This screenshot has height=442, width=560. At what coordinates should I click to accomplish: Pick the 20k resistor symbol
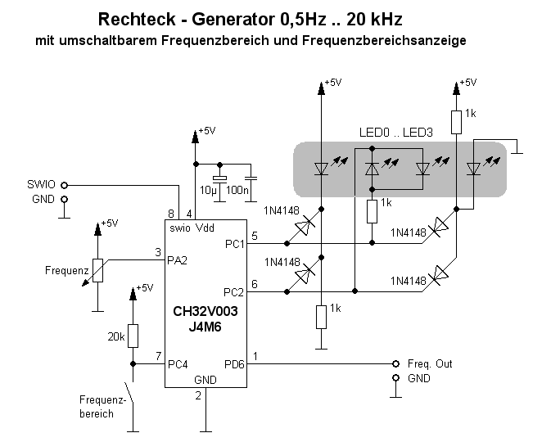(x=132, y=336)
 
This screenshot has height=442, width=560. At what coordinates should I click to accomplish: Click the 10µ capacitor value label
(x=209, y=190)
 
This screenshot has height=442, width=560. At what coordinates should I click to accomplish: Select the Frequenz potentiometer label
(x=66, y=268)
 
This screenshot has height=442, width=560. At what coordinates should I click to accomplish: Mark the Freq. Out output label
(x=429, y=363)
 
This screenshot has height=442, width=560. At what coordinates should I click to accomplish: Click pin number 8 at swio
(x=171, y=214)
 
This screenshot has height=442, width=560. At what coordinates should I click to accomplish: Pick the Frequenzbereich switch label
(x=103, y=407)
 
